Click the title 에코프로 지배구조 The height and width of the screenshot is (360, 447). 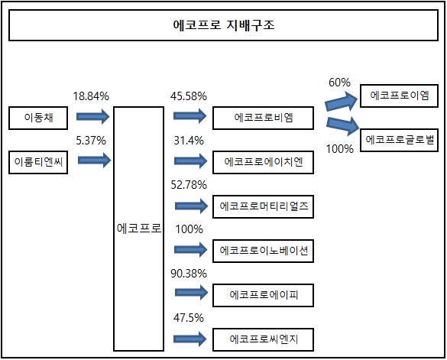pos(224,25)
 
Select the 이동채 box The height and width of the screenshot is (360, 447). pos(38,118)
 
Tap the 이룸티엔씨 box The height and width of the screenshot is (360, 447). pos(38,162)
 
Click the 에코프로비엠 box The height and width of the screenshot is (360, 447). pos(263,118)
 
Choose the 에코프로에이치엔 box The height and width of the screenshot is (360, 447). pos(263,162)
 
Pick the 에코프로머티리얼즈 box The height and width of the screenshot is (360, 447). pos(263,206)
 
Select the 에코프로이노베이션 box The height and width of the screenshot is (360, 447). pos(263,251)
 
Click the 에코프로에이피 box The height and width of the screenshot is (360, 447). pos(263,295)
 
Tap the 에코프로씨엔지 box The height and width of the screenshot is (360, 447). pos(263,339)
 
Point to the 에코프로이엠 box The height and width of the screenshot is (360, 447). pos(399,96)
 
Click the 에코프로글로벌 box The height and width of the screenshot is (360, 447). pos(399,140)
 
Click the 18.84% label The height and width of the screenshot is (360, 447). pos(91,96)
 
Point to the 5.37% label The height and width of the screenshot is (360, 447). pos(91,141)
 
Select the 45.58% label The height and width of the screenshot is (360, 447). pos(189,96)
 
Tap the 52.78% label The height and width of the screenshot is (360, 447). pos(189,185)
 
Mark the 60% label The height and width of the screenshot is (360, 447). pos(339,82)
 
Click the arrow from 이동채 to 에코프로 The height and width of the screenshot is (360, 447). pos(93,116)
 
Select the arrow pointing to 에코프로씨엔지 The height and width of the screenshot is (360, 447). pos(190,339)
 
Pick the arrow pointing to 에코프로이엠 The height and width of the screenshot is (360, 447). pos(342,102)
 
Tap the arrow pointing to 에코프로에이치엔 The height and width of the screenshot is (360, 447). pos(191,161)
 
